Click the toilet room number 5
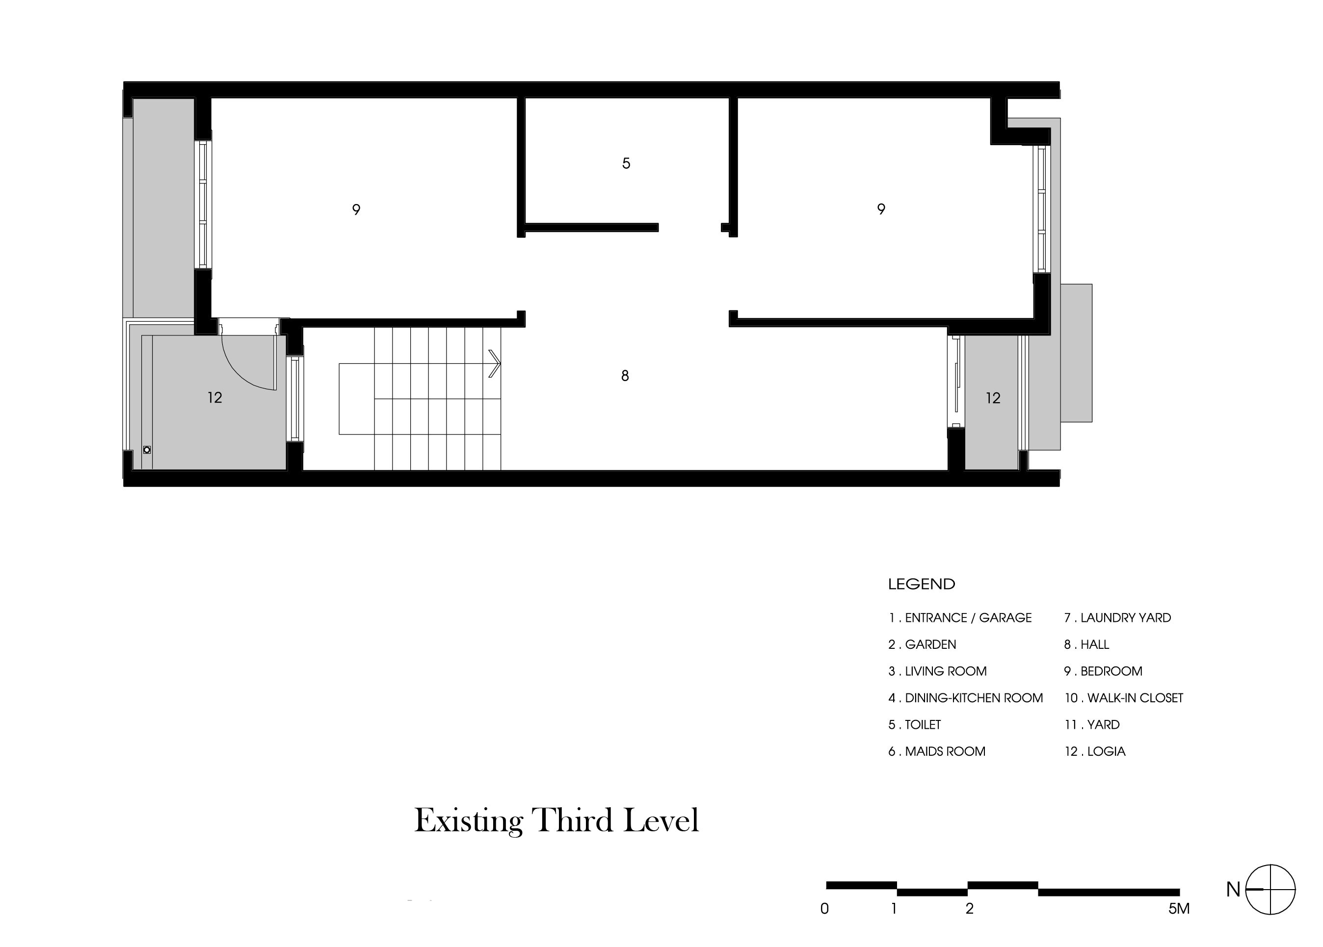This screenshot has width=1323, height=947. [626, 163]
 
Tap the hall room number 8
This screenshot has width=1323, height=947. [625, 376]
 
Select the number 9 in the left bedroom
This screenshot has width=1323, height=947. [356, 209]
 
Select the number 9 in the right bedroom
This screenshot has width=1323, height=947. [881, 209]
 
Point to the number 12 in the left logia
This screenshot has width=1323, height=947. [214, 398]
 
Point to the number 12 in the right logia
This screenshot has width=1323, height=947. [993, 398]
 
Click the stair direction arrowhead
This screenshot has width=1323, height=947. [495, 363]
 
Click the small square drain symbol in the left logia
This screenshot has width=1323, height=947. [147, 450]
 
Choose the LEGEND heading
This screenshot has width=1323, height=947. [922, 584]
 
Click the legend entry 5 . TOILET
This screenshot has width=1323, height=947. [915, 725]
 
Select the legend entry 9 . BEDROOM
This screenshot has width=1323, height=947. [1103, 671]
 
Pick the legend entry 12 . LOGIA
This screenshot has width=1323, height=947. [1095, 752]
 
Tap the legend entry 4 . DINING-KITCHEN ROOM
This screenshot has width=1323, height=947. [965, 698]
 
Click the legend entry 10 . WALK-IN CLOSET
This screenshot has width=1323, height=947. [1123, 698]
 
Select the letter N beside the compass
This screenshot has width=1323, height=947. [1233, 890]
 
